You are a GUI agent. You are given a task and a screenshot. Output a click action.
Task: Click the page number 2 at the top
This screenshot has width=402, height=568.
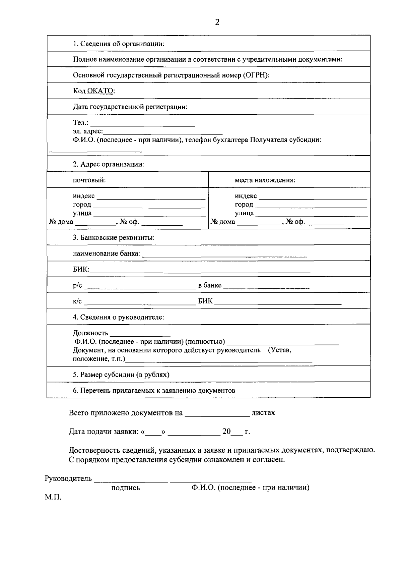tap(217, 22)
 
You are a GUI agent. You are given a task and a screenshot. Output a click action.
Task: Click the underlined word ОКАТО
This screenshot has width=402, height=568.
tap(101, 91)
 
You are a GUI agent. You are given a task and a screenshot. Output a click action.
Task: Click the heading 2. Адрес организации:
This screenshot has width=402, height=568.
tap(109, 164)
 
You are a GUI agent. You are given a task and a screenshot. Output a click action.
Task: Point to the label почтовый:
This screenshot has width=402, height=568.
tap(89, 180)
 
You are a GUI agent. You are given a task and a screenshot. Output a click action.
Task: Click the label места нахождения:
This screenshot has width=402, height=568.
tap(265, 180)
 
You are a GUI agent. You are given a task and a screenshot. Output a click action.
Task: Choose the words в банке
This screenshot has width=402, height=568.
tap(210, 285)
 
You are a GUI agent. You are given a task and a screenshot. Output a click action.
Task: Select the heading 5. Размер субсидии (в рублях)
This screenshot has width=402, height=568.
tap(121, 375)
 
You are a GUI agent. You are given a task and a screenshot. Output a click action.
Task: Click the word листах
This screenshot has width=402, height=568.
tap(263, 413)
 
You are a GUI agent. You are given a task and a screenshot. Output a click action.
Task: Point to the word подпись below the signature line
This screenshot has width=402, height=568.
tap(126, 488)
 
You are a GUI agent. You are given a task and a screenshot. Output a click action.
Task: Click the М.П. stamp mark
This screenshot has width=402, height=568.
tap(53, 497)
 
